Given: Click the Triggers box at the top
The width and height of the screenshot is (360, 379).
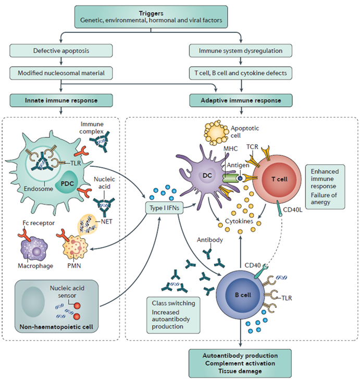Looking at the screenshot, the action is tap(151, 17).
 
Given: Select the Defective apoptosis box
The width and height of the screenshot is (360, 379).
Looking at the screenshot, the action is tap(61, 51).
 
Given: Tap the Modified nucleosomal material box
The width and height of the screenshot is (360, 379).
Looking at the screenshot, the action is tap(61, 73).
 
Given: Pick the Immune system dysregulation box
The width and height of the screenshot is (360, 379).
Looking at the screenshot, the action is tap(241, 51).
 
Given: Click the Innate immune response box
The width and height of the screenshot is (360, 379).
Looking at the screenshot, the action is tap(61, 100).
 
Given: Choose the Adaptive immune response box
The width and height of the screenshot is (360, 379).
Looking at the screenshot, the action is tap(241, 100).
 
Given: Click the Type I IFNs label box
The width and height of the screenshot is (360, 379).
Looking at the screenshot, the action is tap(164, 208).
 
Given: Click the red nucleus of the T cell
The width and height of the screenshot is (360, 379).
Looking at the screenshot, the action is tap(279, 179).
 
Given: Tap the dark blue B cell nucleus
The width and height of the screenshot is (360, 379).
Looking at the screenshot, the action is tap(243, 295).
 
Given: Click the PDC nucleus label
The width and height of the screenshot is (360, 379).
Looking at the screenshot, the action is tap(67, 184).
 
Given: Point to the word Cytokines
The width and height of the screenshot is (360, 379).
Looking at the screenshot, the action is tap(239, 221).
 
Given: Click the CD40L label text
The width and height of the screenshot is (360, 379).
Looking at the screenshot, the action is tap(293, 210).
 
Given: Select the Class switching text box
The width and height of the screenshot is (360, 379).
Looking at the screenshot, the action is tap(173, 315).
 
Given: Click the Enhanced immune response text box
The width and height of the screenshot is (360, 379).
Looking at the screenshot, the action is tap(325, 187).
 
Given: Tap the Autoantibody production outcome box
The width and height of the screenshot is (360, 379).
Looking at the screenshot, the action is tap(240, 363).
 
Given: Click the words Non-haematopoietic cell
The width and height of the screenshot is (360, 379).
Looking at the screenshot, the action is tap(56, 327).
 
